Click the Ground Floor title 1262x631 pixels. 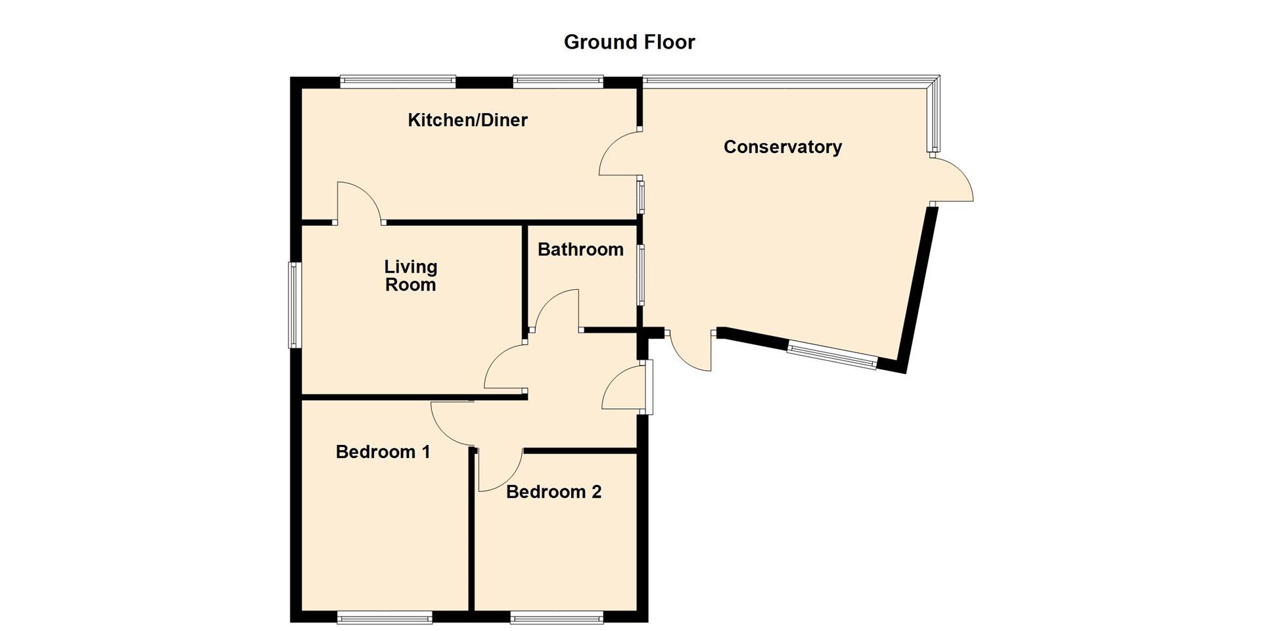(x=629, y=42)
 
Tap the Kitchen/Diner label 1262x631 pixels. (x=467, y=120)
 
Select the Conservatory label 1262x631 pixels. (x=782, y=147)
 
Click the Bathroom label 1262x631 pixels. (x=580, y=250)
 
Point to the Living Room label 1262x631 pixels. (x=410, y=275)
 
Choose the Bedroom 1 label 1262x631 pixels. (x=383, y=452)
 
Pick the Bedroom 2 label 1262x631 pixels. (x=553, y=492)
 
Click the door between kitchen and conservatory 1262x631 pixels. (x=618, y=154)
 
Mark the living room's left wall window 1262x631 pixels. (x=294, y=305)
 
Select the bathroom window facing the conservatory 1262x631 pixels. (x=642, y=274)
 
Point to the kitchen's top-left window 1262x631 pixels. (x=398, y=81)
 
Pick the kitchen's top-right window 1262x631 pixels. (x=557, y=81)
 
